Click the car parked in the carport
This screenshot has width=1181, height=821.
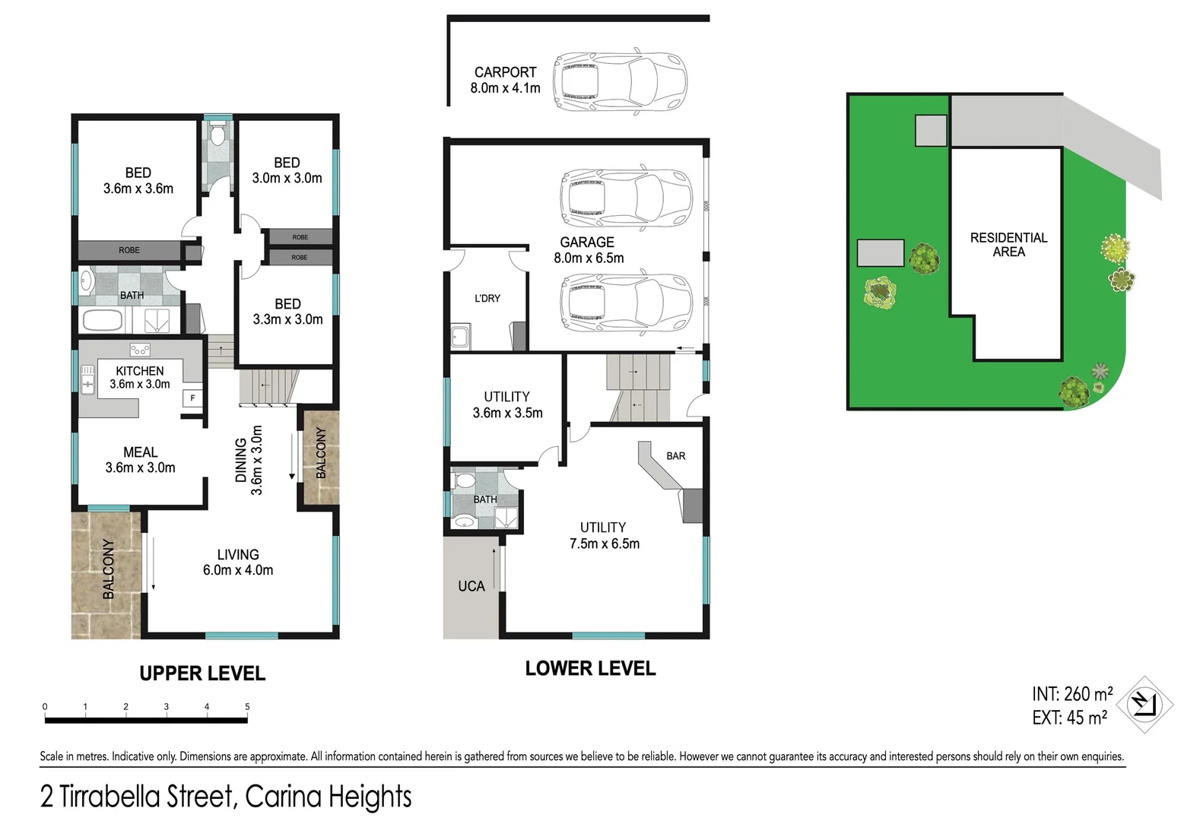tap(620, 82)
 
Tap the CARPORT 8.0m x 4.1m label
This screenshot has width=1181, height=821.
tap(505, 80)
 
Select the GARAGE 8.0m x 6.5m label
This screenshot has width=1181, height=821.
tap(588, 250)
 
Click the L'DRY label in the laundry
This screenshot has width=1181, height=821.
tap(487, 298)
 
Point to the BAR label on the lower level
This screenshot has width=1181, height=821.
tap(675, 456)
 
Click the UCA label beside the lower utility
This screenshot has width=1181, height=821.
tap(471, 586)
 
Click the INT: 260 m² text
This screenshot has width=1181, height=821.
tap(1071, 694)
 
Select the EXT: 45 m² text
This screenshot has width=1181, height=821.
tap(1068, 717)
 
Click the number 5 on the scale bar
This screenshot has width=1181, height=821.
tap(247, 707)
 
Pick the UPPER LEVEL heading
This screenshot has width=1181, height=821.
tap(202, 674)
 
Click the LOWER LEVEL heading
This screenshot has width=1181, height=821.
tap(590, 669)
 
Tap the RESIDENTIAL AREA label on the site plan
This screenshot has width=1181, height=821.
tap(1008, 245)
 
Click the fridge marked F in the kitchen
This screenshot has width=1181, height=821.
tap(192, 398)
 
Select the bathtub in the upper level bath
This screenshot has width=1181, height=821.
tap(102, 320)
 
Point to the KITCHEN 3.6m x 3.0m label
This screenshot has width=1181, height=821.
tap(140, 377)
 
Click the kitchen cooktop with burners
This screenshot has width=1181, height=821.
tap(140, 350)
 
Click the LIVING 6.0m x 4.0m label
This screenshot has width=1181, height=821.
tap(238, 563)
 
